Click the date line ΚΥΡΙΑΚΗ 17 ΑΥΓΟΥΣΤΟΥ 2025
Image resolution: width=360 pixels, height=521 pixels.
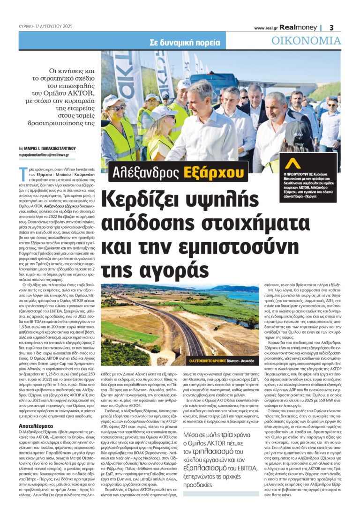click(x=42, y=27)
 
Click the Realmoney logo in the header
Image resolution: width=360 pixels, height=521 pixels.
click(x=299, y=28)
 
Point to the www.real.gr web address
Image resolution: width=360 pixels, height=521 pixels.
click(x=267, y=28)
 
